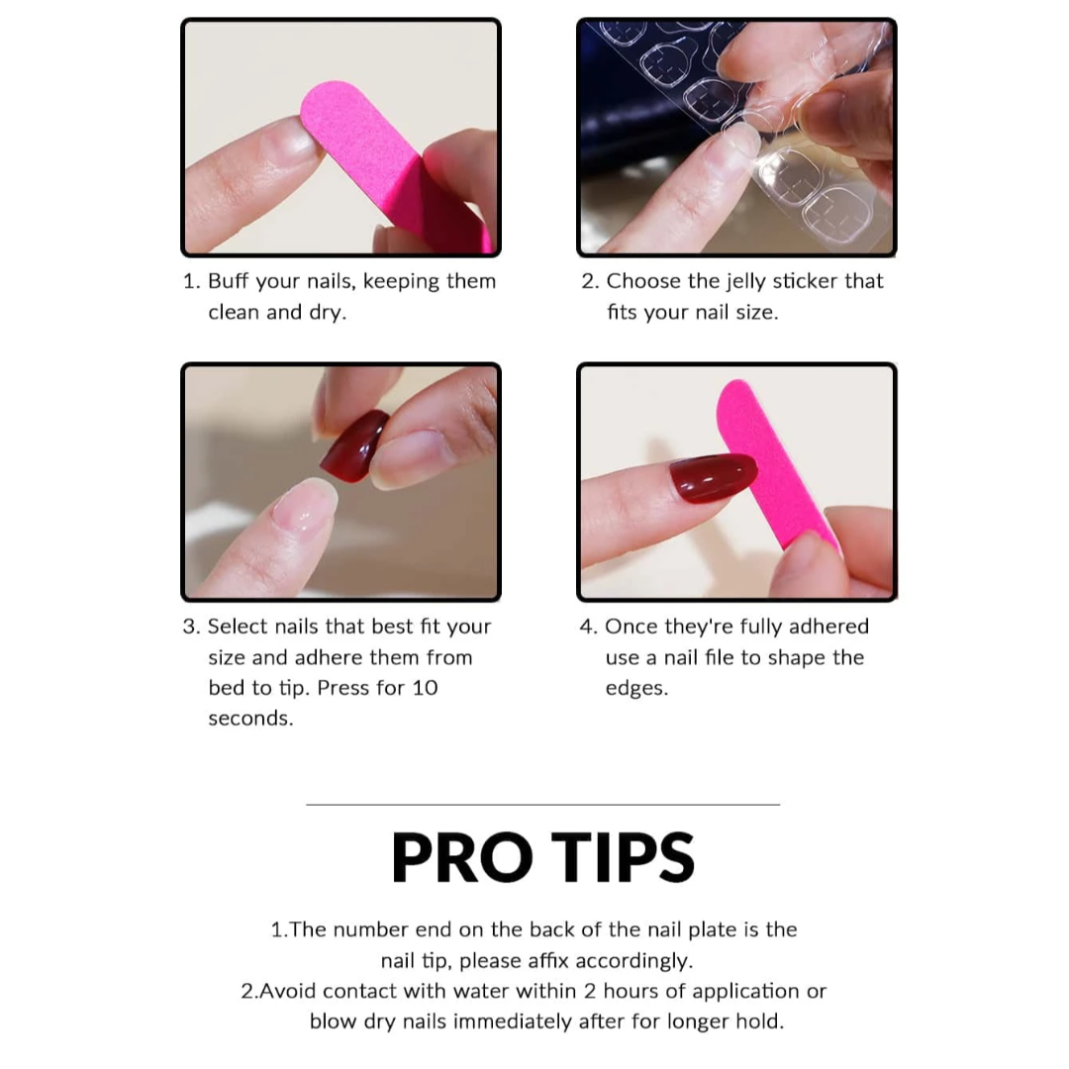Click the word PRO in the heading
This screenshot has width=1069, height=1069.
coord(461,857)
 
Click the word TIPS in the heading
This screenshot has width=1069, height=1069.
coord(623,857)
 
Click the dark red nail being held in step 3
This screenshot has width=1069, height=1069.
coord(353,445)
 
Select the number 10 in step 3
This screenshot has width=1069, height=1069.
coord(425,688)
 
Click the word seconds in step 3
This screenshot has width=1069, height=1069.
coord(250,719)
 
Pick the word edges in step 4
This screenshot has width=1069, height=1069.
coord(636,689)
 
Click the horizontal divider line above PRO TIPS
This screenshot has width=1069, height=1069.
coord(542,805)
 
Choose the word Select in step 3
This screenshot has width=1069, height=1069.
coord(238,627)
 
